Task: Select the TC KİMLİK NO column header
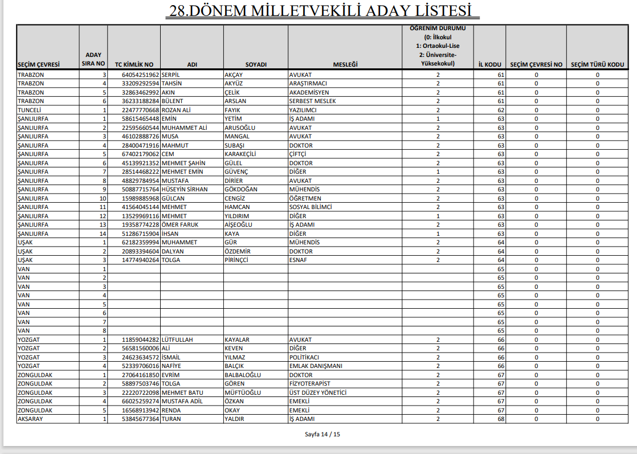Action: point(134,64)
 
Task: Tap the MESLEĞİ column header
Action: point(345,64)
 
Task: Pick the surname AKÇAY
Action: point(234,75)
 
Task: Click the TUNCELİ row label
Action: point(30,110)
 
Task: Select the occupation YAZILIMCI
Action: point(304,110)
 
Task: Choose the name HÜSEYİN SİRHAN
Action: point(185,189)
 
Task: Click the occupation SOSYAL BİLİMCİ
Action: point(311,207)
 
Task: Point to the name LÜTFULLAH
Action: point(178,340)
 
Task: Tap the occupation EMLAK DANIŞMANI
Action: point(316,366)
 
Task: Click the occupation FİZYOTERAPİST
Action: point(310,383)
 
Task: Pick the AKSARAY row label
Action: point(31,419)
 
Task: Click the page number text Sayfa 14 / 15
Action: point(322,435)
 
